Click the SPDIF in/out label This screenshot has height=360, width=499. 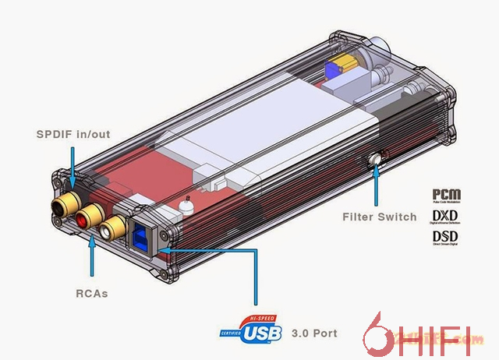[73, 134]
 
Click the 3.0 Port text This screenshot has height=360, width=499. [314, 334]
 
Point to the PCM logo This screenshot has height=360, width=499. [445, 195]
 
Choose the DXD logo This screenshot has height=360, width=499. [445, 216]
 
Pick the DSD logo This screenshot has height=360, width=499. [445, 235]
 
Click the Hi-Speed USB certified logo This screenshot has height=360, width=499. [253, 330]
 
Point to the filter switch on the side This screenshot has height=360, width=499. [378, 159]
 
